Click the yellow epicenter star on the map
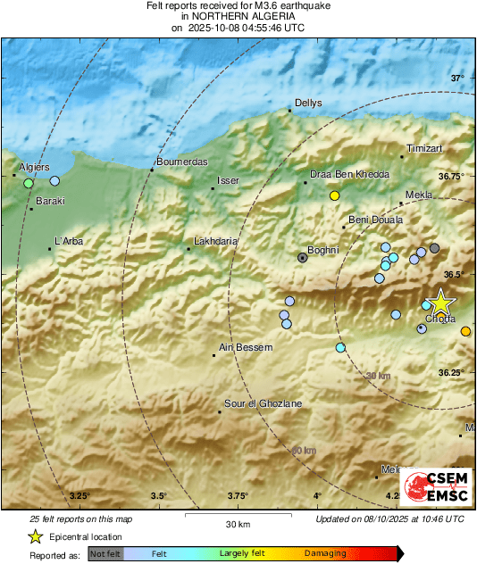pos(439,303)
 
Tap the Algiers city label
pos(35,167)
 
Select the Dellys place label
pos(307,103)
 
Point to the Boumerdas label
pos(181,162)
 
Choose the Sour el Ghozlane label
pos(263,403)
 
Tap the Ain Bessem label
pos(246,347)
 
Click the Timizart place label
pos(424,147)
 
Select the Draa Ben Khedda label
pos(349,174)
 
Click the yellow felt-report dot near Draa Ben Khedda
pos(335,195)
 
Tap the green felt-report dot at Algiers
pos(29,183)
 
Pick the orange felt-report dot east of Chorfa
pos(465,332)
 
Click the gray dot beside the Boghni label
pos(303,257)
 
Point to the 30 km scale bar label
pos(237,523)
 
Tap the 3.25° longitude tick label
pos(80,496)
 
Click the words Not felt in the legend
pos(105,554)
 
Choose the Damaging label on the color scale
pos(325,554)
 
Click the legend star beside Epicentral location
pos(35,536)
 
